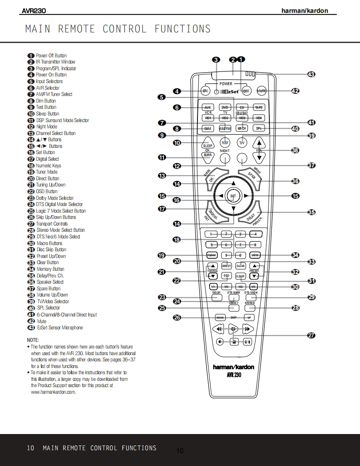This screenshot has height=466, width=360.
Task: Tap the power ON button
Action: pyautogui.click(x=205, y=91)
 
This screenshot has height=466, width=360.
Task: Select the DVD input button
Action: pyautogui.click(x=225, y=108)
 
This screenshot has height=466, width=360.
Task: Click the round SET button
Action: pyautogui.click(x=233, y=196)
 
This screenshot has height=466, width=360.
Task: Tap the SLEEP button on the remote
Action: pyautogui.click(x=208, y=145)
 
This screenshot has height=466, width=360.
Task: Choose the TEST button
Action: pyautogui.click(x=225, y=143)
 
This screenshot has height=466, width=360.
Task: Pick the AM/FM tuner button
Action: pyautogui.click(x=225, y=129)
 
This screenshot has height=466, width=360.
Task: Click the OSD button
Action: pyautogui.click(x=226, y=275)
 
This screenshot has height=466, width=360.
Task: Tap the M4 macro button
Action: pyautogui.click(x=254, y=287)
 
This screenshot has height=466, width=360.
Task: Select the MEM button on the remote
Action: pyautogui.click(x=255, y=255)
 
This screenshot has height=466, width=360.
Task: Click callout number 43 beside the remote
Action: pyautogui.click(x=311, y=74)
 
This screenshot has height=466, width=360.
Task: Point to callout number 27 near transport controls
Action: pyautogui.click(x=311, y=336)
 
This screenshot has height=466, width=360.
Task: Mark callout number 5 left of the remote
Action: pyautogui.click(x=162, y=98)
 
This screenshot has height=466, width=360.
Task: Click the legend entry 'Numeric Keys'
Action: pyautogui.click(x=48, y=166)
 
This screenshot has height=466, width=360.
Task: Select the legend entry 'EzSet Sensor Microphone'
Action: pyautogui.click(x=59, y=328)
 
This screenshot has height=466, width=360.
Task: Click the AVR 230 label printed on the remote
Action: pyautogui.click(x=234, y=375)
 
